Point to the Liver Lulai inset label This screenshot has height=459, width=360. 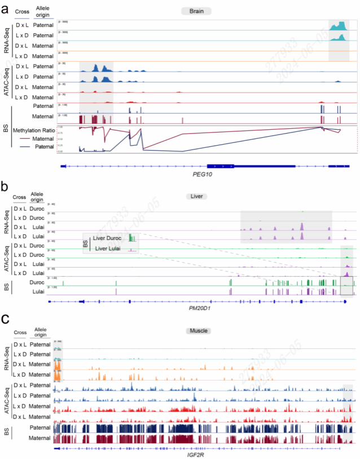(109, 248)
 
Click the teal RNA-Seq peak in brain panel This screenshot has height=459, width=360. (339, 26)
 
